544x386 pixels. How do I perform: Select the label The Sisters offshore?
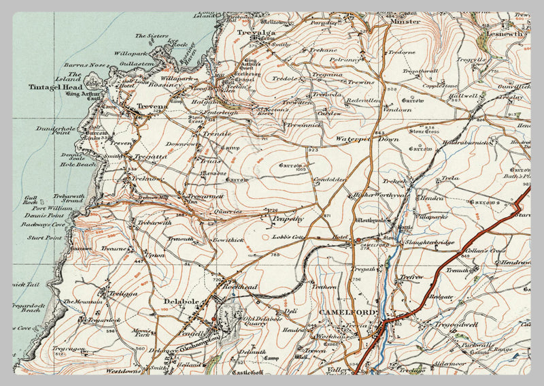(150, 35)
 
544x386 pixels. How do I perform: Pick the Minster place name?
(405, 22)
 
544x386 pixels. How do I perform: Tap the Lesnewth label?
(505, 32)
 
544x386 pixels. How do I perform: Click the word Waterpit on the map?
(351, 139)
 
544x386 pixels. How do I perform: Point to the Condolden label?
(331, 180)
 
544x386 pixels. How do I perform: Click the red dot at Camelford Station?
(358, 241)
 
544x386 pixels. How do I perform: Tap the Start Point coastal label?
(44, 238)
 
